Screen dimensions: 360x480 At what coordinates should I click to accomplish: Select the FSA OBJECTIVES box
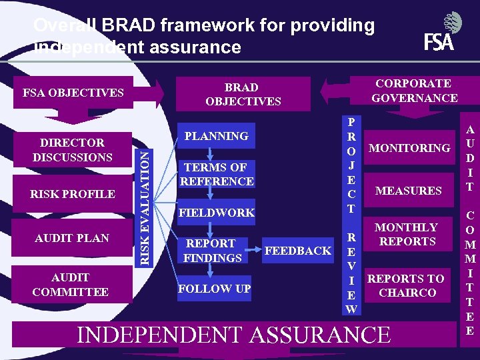(73, 93)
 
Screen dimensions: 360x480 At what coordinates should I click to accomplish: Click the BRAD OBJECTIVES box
(243, 94)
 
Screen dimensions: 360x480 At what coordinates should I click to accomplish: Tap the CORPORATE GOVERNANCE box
(414, 91)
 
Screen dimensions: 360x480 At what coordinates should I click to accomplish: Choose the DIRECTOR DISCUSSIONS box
(73, 150)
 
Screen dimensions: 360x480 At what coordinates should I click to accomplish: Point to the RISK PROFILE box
(73, 194)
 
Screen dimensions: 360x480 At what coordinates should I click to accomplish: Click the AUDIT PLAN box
(73, 238)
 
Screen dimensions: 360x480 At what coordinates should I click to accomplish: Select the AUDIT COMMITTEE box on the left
(71, 285)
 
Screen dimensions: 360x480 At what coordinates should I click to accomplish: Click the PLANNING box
(216, 136)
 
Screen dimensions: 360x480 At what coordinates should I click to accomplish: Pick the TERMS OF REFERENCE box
(216, 174)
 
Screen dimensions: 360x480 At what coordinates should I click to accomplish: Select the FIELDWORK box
(216, 213)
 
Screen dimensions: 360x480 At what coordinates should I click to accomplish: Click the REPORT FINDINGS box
(213, 251)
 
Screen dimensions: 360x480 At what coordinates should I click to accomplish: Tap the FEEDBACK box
(298, 251)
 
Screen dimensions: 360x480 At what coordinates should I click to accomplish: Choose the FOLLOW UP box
(214, 289)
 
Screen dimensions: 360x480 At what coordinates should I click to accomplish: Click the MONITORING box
(409, 148)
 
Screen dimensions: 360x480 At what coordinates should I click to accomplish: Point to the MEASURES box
(408, 191)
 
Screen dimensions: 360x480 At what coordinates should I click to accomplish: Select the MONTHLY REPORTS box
(407, 235)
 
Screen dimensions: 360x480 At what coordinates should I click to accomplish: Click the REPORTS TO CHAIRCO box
(406, 285)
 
